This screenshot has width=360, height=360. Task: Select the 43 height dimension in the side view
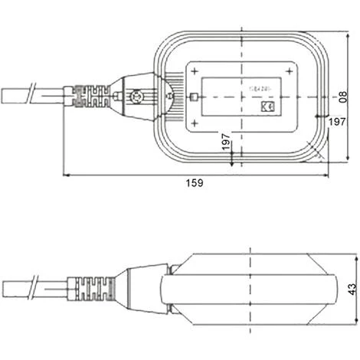[x=352, y=288]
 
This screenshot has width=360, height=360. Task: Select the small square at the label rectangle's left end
[x=195, y=97]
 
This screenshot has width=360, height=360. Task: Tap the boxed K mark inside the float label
[x=268, y=109]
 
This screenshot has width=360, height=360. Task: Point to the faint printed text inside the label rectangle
[x=256, y=88]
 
